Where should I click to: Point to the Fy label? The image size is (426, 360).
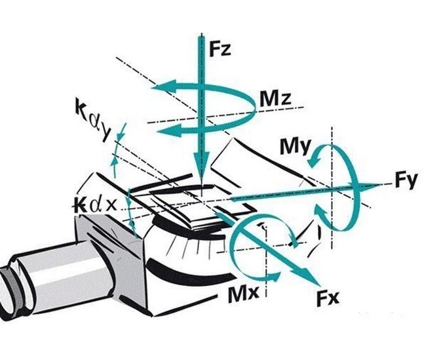406,181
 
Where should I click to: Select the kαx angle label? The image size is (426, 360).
94,204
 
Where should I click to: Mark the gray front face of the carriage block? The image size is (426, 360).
111,259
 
